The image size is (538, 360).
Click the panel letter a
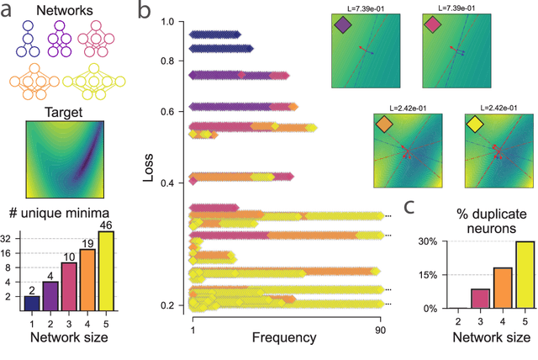8,12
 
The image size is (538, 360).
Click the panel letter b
144,12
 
